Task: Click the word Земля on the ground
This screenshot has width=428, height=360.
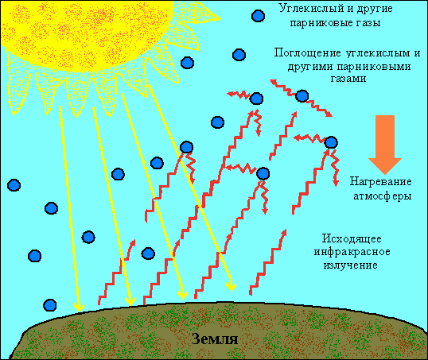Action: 215,339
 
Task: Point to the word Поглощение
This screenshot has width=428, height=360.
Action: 308,53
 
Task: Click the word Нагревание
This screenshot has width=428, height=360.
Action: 381,181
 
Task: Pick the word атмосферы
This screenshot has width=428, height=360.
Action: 383,196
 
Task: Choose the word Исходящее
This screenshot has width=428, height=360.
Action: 352,239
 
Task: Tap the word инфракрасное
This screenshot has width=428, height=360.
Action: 352,252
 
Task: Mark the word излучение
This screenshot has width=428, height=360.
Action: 351,265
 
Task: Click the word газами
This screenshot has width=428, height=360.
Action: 348,79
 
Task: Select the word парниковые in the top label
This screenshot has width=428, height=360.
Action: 318,23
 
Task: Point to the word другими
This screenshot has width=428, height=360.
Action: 310,67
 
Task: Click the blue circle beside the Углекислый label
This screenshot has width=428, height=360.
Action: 258,16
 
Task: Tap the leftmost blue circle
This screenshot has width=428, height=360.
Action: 14,185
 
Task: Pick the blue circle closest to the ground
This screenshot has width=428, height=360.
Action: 50,305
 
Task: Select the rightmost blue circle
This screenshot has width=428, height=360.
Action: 331,142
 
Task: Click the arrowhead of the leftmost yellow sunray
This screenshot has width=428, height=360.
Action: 80,308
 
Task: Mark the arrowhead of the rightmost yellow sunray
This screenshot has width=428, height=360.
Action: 232,286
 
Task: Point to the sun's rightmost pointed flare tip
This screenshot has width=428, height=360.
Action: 220,18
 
